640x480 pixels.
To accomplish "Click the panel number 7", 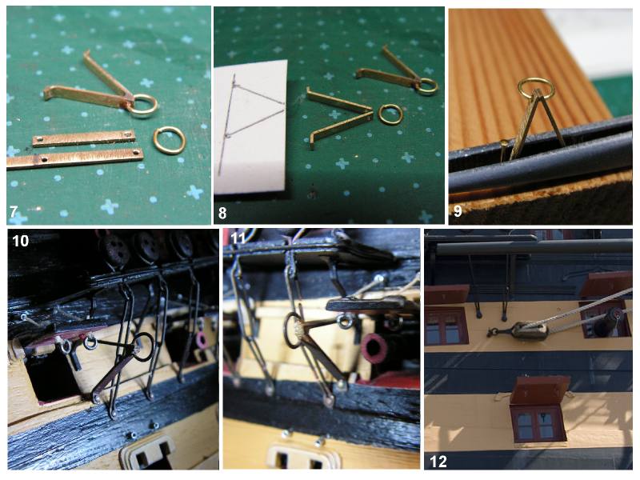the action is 14,211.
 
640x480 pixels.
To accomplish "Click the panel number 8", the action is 222,213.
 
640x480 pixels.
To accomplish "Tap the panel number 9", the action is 458,211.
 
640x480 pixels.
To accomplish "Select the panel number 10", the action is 21,241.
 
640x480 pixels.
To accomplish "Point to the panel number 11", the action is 238,238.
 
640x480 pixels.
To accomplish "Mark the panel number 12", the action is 438,462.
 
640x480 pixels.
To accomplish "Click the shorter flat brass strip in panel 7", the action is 84,138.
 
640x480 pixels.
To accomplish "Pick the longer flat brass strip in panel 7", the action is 75,158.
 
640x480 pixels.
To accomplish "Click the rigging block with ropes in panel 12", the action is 530,331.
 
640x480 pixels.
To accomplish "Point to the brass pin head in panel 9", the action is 505,143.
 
